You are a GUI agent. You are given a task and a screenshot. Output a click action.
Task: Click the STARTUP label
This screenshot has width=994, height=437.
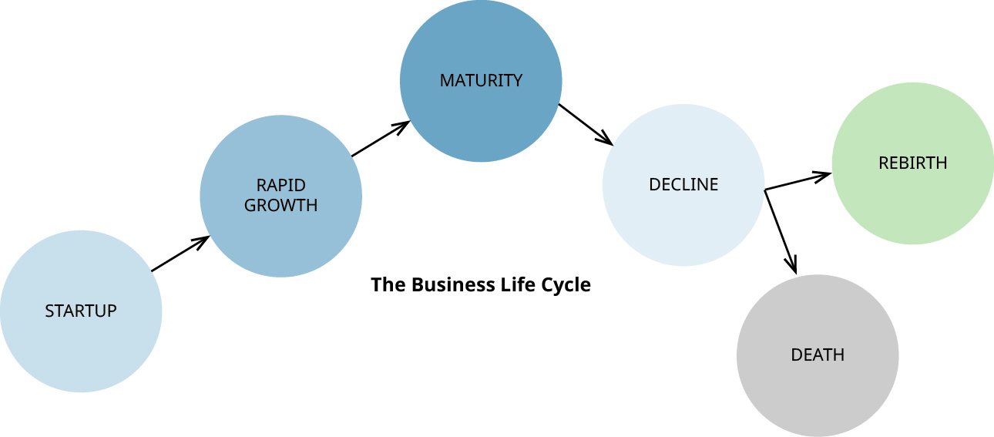point(81,311)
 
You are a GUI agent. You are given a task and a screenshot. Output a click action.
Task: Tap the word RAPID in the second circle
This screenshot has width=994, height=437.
point(280,185)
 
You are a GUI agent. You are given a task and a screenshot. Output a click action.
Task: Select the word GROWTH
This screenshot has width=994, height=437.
point(280,206)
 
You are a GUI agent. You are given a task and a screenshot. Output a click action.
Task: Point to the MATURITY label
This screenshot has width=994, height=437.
point(481,80)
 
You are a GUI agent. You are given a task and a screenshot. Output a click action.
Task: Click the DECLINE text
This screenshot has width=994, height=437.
point(683,185)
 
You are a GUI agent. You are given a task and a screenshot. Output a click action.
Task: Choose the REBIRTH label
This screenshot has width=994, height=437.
point(912,163)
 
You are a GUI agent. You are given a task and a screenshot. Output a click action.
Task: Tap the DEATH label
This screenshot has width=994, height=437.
point(818,355)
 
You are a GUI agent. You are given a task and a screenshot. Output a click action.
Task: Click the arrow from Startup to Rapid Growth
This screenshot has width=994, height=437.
point(180,254)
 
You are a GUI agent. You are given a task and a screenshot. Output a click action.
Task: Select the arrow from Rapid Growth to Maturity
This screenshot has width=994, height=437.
point(379,140)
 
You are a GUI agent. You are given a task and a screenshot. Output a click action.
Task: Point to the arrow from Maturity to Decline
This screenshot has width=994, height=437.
point(585,124)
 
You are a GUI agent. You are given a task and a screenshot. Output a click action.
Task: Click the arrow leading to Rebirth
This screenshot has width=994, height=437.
point(797,182)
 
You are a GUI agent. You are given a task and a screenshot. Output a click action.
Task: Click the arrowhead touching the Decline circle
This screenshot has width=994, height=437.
point(606,140)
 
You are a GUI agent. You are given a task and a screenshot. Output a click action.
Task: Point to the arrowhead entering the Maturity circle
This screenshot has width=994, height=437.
point(402,125)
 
